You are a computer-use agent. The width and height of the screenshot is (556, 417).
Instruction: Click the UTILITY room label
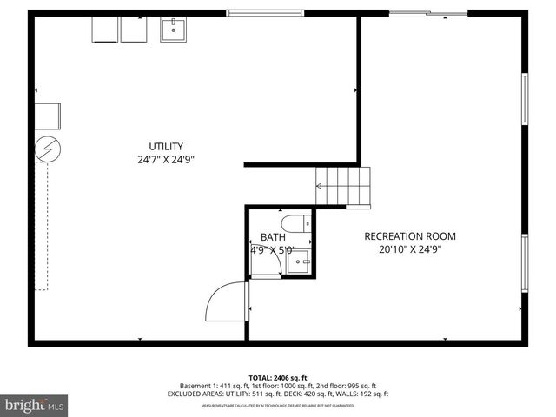coord(165,146)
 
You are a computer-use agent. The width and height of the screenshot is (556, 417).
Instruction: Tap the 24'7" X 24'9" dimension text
coord(165,160)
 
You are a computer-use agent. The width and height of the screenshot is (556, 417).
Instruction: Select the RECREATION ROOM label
coord(409,236)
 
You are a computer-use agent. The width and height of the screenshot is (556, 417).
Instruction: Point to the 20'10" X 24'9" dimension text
coord(409,249)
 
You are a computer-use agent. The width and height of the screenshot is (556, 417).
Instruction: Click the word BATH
coord(273,237)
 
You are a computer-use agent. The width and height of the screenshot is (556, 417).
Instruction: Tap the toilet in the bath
coord(296,222)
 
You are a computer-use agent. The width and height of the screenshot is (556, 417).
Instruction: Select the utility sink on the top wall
coord(175,30)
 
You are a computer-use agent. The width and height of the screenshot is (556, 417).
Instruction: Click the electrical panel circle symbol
coord(45,151)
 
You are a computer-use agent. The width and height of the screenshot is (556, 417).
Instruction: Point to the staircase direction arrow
coord(320,186)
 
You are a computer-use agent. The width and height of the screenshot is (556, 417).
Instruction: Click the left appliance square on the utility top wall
coord(105,30)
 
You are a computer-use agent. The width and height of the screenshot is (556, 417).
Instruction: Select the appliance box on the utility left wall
coord(47,116)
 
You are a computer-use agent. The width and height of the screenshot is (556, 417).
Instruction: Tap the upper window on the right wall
coord(525,98)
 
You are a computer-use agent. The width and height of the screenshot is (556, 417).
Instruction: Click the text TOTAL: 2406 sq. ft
coord(278,378)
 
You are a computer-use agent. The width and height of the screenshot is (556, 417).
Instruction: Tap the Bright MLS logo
coord(35,405)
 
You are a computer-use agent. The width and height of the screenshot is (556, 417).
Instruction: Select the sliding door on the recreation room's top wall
coord(427,12)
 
